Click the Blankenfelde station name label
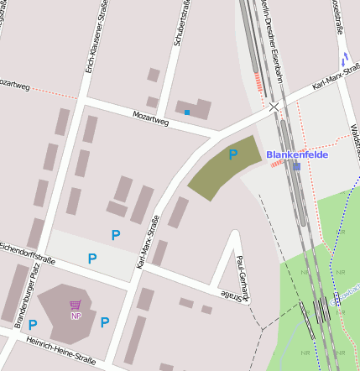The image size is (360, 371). pyautogui.click(x=296, y=154)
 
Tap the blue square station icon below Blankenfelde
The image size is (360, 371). pyautogui.click(x=297, y=166)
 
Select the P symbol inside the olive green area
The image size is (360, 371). pyautogui.click(x=234, y=154)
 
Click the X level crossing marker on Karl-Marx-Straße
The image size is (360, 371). pyautogui.click(x=274, y=107)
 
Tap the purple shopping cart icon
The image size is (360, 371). pyautogui.click(x=76, y=306)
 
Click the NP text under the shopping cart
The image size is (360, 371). pyautogui.click(x=76, y=316)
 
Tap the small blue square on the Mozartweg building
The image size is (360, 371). pyautogui.click(x=186, y=112)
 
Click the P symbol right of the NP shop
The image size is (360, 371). pyautogui.click(x=105, y=322)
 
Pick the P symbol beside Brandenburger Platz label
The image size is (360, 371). pyautogui.click(x=33, y=325)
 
